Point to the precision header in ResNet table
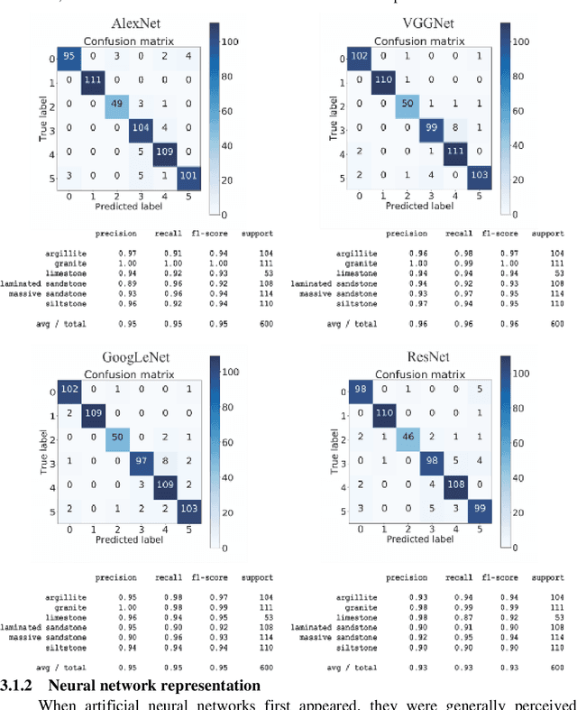404,577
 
